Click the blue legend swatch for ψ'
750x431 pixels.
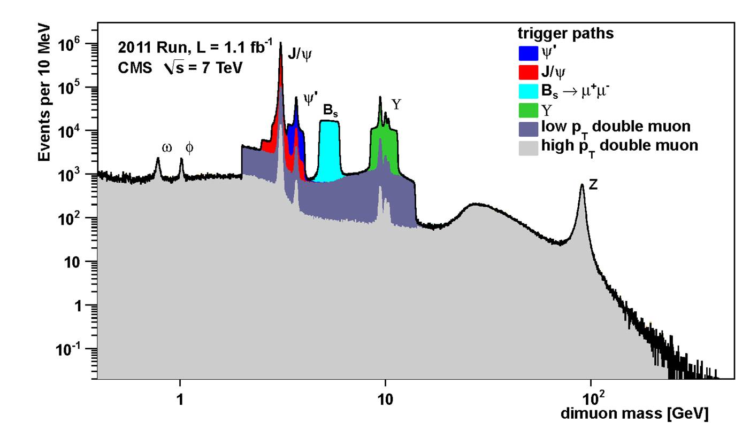[528, 52]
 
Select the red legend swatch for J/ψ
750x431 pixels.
[528, 71]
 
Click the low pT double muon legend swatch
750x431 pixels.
[528, 127]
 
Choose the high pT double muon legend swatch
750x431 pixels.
[528, 145]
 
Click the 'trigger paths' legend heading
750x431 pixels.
[565, 33]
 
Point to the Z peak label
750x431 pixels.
[593, 184]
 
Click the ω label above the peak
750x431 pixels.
[167, 147]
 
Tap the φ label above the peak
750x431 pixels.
[189, 147]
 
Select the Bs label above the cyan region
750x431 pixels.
[330, 111]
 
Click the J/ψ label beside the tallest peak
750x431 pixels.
[300, 54]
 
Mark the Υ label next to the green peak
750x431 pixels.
[396, 104]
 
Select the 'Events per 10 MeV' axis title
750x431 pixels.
[45, 93]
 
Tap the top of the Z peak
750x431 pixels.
[582, 185]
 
